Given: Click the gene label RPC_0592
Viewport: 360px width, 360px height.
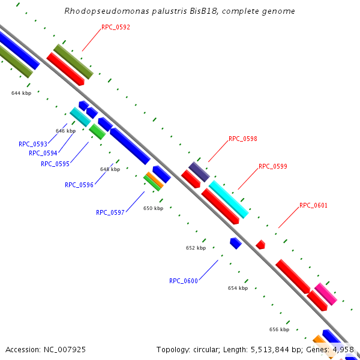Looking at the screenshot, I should (116, 27).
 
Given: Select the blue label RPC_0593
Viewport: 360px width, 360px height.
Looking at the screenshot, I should (33, 144).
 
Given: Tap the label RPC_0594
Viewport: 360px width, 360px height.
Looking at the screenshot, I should (43, 153).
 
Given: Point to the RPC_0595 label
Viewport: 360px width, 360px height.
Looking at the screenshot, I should (55, 164).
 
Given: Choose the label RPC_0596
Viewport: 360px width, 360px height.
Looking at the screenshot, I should (79, 185).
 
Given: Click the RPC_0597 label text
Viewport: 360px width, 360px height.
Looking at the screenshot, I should (110, 212).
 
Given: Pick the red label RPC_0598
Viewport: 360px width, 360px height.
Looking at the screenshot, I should (243, 139).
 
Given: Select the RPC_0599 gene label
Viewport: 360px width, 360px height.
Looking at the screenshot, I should (273, 166).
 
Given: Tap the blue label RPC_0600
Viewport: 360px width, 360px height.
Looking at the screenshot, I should (184, 281).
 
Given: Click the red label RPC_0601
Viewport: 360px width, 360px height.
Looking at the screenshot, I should (314, 205).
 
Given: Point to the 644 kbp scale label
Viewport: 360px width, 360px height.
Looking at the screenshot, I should (21, 93).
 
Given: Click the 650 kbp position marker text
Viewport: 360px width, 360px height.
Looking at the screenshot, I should (153, 208).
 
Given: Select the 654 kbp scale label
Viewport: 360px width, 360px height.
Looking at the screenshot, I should (238, 288).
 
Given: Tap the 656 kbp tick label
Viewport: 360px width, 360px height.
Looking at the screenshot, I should (279, 329).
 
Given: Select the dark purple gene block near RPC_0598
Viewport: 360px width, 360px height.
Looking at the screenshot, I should (199, 172).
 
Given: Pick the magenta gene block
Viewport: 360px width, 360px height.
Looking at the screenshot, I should (326, 294).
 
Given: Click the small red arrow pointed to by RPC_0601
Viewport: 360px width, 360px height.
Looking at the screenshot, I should (260, 244).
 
